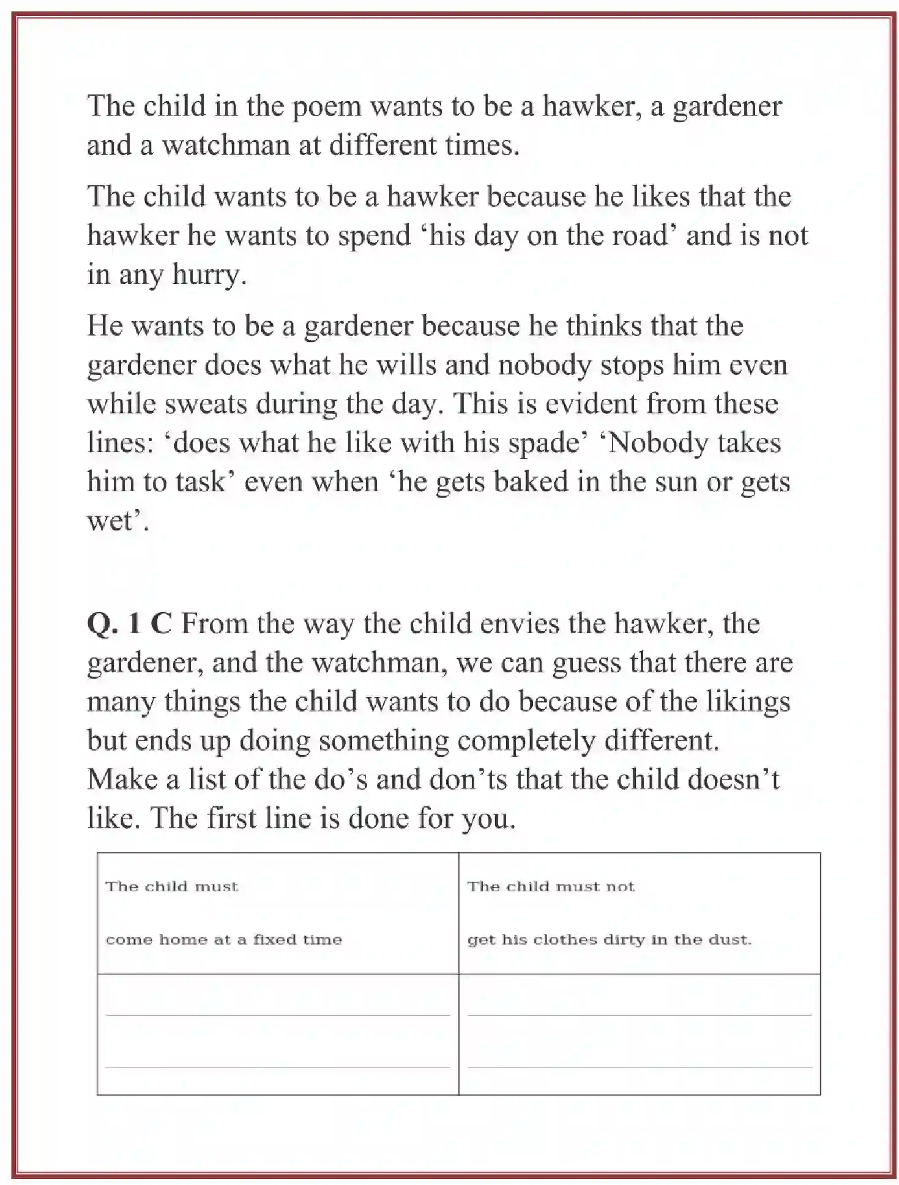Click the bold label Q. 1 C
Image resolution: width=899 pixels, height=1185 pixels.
[129, 624]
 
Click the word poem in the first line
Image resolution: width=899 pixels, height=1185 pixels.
[326, 107]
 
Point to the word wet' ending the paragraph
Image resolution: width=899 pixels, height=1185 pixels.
[116, 521]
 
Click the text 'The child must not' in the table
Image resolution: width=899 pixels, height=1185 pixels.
[551, 886]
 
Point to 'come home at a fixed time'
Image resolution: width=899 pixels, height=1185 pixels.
[223, 940]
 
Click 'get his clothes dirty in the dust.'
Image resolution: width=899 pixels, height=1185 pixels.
[609, 940]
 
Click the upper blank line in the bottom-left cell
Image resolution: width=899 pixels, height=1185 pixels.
[277, 1014]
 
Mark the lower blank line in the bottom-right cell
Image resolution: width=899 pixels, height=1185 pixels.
[639, 1068]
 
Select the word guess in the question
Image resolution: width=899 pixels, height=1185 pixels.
[586, 663]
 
